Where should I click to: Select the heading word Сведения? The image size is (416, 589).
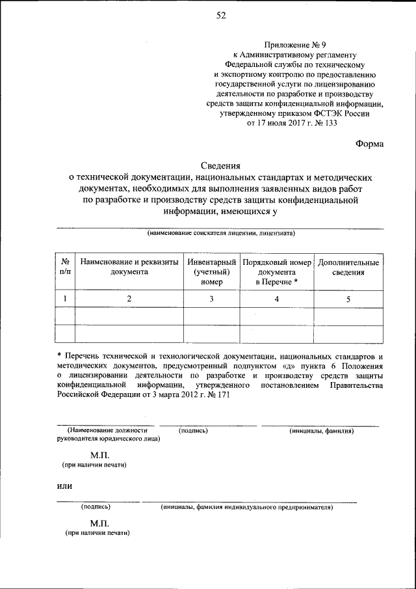[x=220, y=166]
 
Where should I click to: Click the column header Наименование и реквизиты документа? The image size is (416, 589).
[x=129, y=267]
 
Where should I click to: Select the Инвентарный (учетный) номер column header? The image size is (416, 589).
[x=211, y=272]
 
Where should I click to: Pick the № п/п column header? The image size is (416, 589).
[x=65, y=267]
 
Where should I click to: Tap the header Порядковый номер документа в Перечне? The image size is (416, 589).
[x=277, y=272]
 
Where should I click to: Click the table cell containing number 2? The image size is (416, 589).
[x=129, y=299]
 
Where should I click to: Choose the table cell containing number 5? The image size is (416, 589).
[x=348, y=299]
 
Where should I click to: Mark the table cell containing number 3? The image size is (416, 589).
[x=211, y=299]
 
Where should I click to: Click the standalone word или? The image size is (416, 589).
[x=64, y=486]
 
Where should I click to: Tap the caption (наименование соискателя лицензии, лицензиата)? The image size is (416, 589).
[x=221, y=233]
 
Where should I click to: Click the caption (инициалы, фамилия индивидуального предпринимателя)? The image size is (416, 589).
[x=246, y=506]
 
